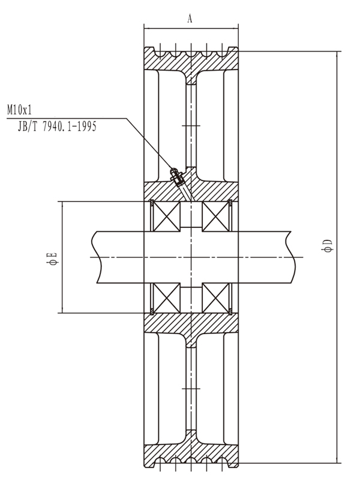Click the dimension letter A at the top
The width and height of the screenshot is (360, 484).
click(190, 19)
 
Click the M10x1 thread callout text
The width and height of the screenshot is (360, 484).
click(19, 110)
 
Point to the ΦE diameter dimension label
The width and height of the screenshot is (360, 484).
click(53, 258)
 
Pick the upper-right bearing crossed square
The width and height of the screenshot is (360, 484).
click(216, 216)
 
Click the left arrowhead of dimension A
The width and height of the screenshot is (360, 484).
click(147, 26)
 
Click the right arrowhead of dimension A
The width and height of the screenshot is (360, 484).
click(235, 26)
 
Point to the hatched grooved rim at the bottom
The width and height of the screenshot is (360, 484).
click(190, 453)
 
